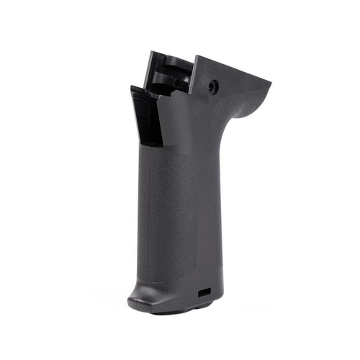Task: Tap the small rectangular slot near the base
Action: [x=204, y=293]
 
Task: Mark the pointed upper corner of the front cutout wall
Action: [x=132, y=89]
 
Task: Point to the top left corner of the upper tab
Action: [x=150, y=52]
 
